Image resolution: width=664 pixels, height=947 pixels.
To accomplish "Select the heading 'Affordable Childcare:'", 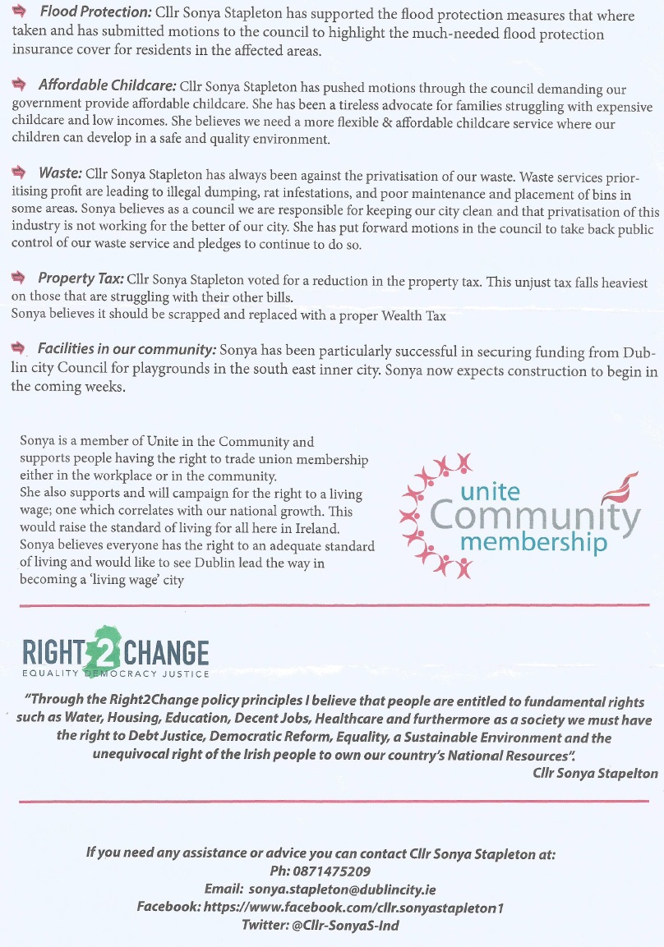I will (107, 85).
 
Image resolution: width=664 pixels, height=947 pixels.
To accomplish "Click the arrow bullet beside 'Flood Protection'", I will (21, 13).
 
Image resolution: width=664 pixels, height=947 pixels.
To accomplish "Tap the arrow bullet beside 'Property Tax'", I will (21, 278).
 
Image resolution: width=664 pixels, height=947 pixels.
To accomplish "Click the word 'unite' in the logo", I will (491, 491).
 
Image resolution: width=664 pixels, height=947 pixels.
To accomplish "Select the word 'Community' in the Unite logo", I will (534, 517).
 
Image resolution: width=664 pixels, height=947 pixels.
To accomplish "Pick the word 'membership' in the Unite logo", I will (533, 543).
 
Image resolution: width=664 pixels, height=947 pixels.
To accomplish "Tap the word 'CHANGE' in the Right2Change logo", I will (167, 654).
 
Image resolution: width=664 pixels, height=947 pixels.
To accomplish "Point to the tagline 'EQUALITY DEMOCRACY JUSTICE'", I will (115, 674).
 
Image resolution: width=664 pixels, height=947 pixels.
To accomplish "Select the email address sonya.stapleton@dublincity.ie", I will (344, 890).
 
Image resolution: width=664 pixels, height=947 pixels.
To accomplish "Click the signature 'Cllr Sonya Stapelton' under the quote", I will (595, 773).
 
